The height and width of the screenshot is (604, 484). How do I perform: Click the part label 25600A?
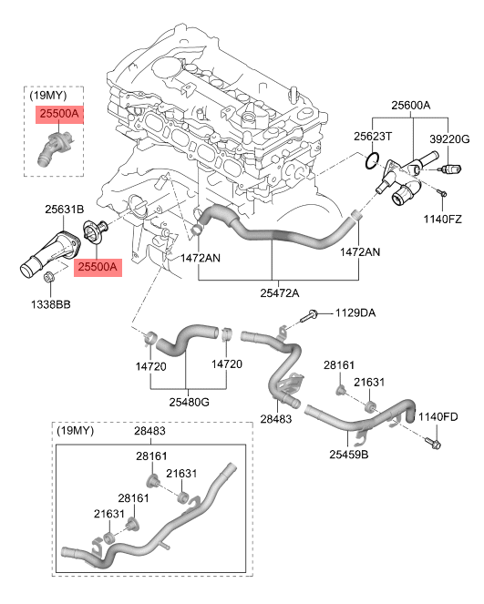tap(411, 105)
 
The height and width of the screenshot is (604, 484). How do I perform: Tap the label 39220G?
tap(449, 139)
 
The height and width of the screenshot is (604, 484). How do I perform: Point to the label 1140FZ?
tap(442, 220)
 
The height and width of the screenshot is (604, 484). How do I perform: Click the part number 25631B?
tap(65, 210)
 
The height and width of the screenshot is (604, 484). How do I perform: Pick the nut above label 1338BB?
tap(49, 276)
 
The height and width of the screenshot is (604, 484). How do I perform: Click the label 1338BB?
tap(51, 304)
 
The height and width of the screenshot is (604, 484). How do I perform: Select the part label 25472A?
tap(280, 293)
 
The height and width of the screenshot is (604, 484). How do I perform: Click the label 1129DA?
tap(355, 312)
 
